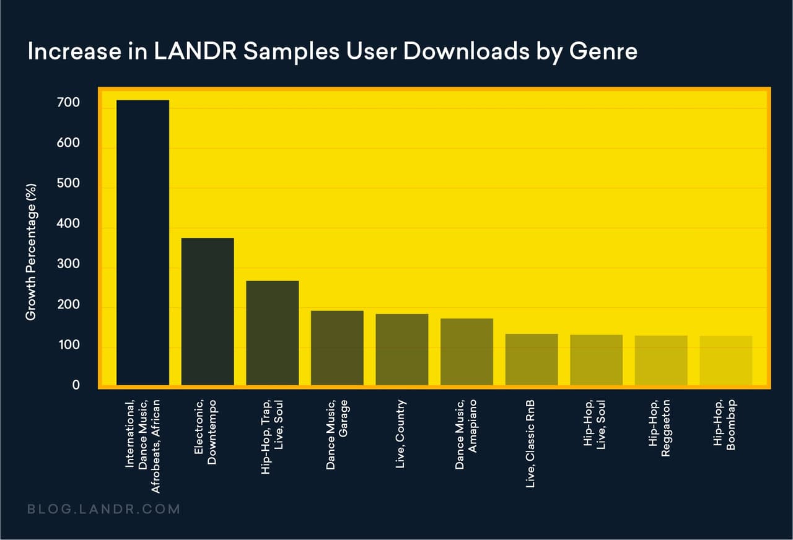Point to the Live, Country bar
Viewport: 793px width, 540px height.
(402, 350)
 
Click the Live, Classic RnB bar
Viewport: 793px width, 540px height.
(532, 360)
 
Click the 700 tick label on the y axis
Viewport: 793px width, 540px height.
(68, 102)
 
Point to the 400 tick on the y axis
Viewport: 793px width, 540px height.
(68, 224)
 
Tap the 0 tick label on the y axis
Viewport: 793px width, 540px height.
(76, 385)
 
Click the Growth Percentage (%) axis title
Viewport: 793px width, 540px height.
(31, 251)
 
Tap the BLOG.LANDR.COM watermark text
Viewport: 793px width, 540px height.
(103, 510)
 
